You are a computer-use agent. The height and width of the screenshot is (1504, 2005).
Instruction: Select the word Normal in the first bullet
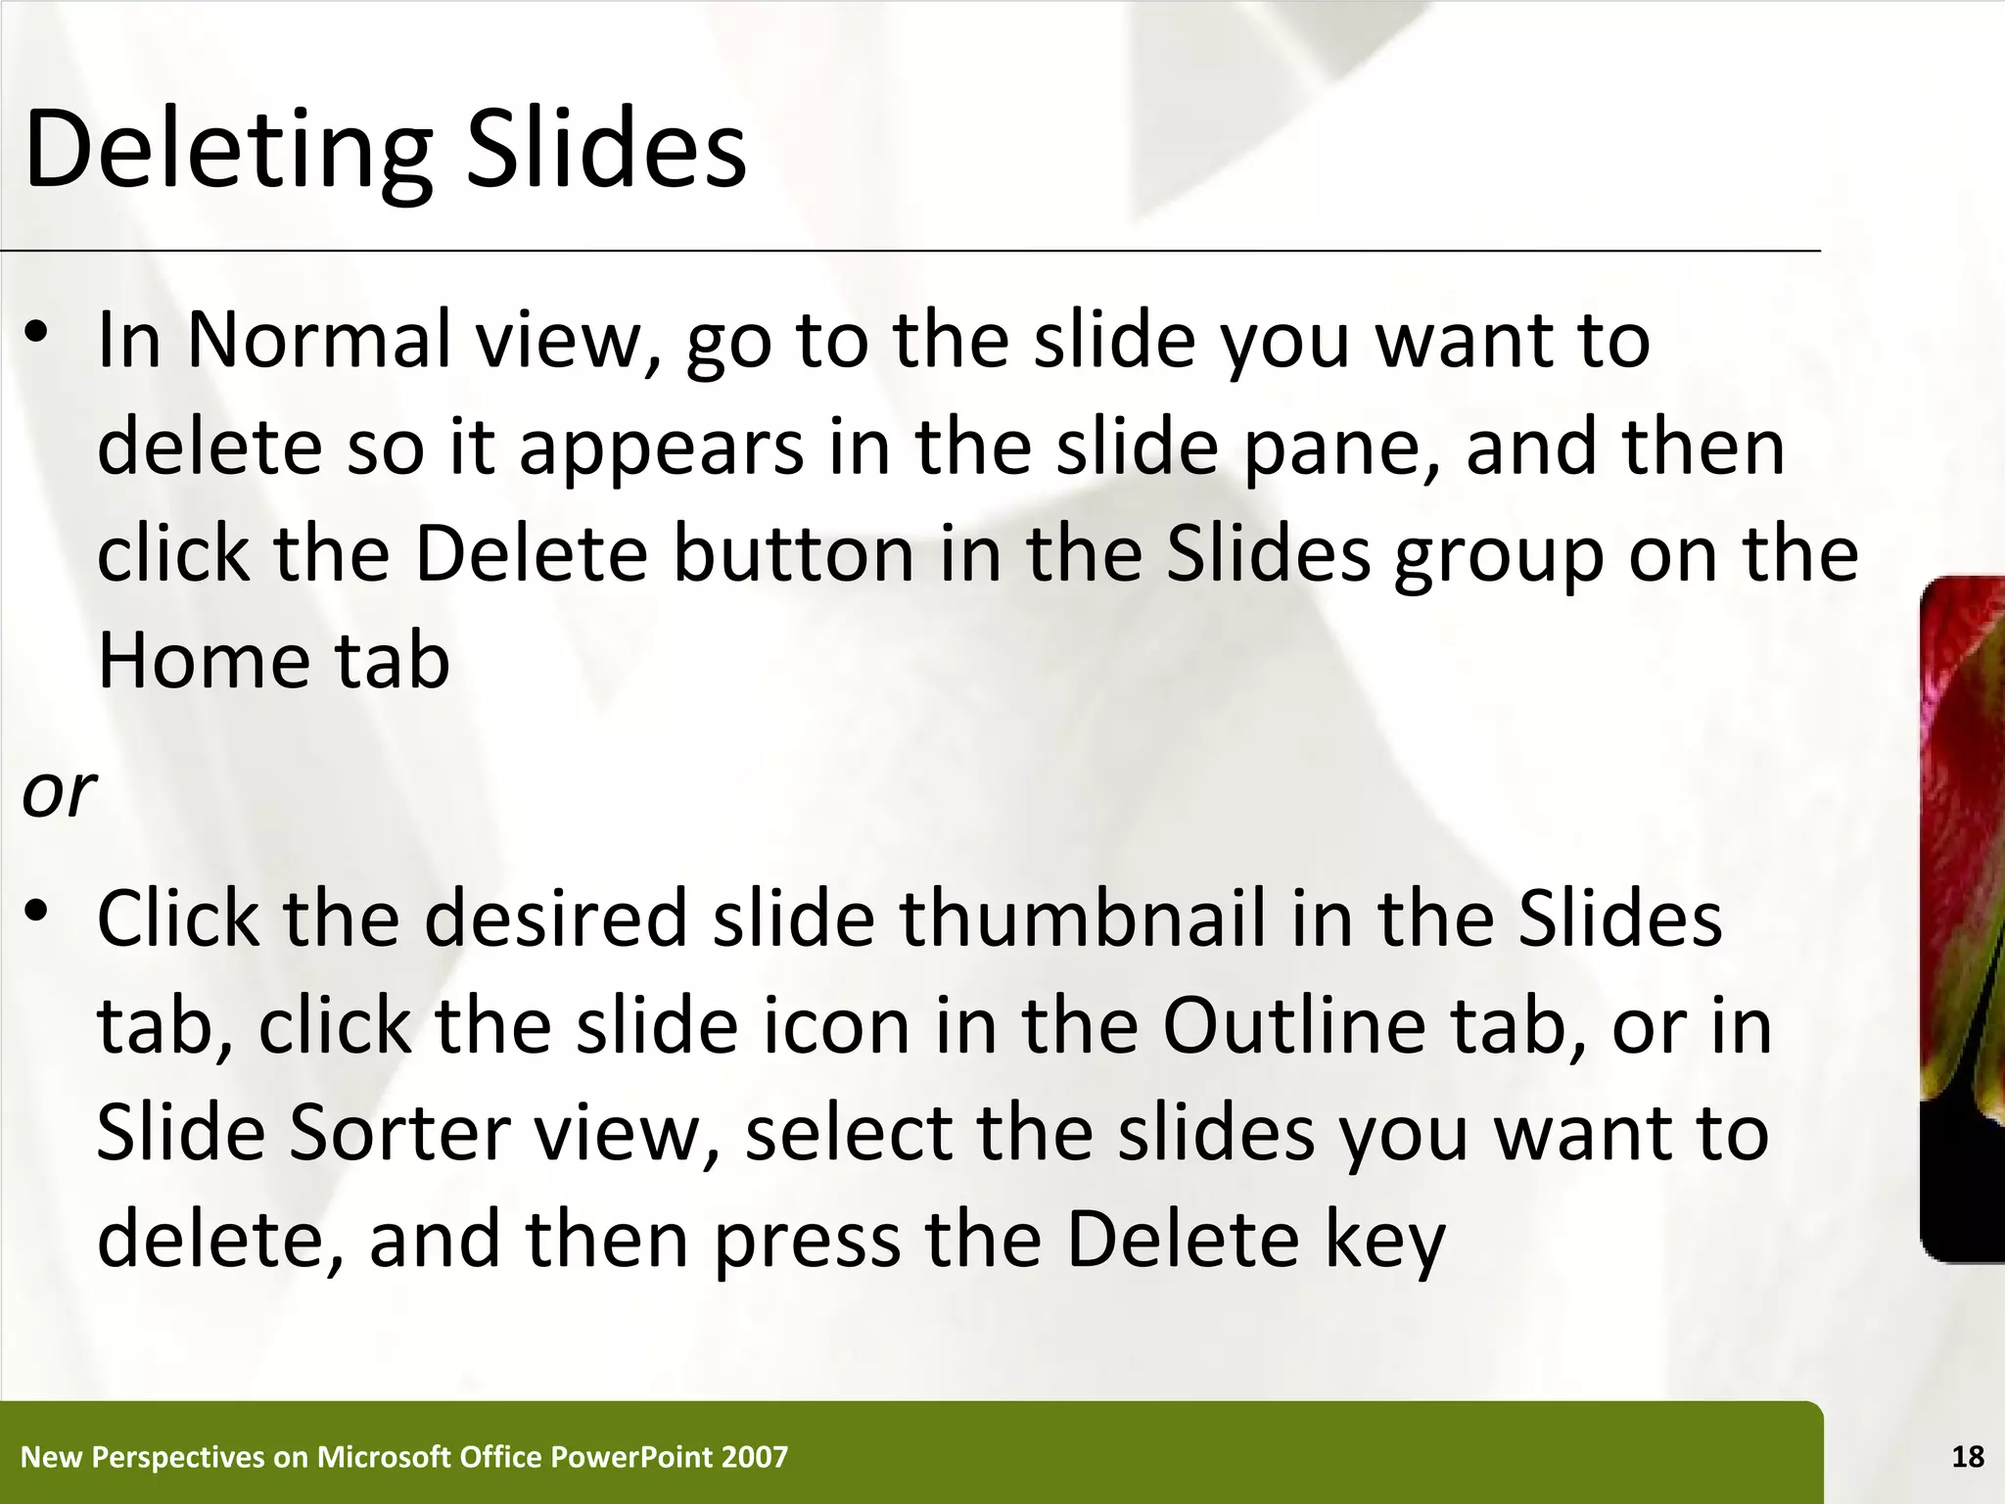click(319, 340)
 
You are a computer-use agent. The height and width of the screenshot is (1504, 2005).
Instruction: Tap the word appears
click(661, 448)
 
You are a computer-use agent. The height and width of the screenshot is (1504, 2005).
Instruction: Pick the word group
click(1499, 556)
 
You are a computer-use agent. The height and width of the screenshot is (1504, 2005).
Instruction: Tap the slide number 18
click(1968, 1457)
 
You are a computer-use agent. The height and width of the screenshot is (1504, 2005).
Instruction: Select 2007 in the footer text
click(754, 1457)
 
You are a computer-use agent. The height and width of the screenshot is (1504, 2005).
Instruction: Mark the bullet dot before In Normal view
click(37, 333)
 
